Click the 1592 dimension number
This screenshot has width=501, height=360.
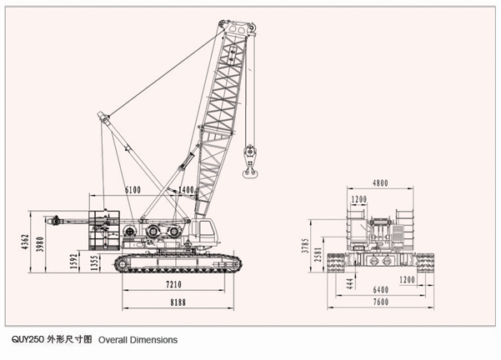pos(75,262)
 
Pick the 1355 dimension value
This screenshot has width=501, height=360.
pos(96,262)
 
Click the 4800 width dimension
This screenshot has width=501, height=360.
pos(381,182)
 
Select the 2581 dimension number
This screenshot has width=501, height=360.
pos(320,256)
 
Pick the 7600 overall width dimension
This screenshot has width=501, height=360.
pos(381,302)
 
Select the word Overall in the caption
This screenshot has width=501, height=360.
pos(115,340)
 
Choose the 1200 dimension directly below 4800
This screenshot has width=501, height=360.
pos(359,200)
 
